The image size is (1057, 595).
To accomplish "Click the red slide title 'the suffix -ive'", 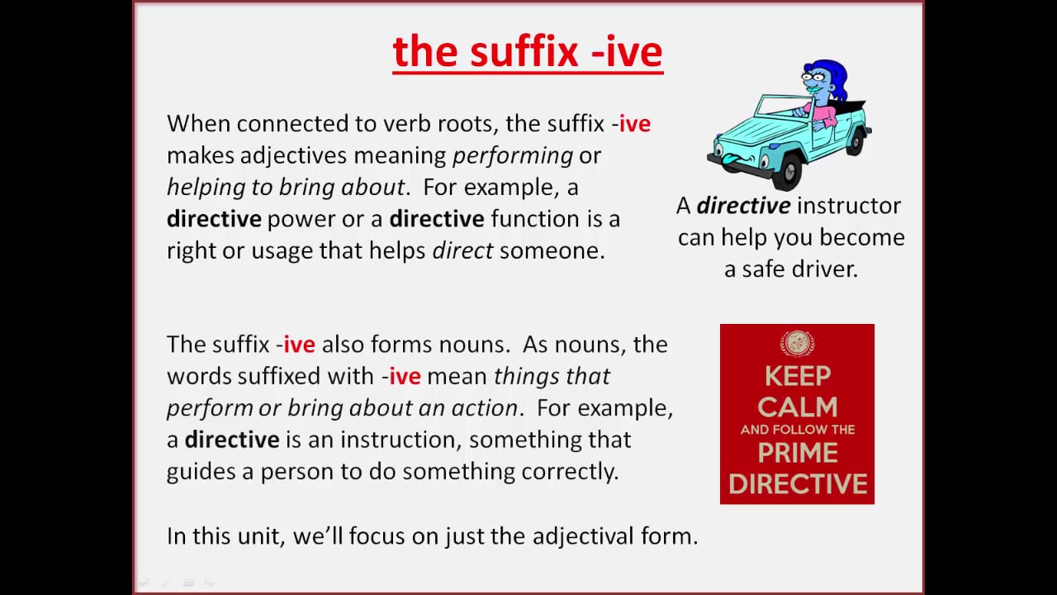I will (528, 52).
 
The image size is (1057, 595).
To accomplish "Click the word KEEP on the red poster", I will (797, 376).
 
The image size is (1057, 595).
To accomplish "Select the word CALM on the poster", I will (797, 407).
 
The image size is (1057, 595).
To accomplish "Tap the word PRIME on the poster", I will (797, 453).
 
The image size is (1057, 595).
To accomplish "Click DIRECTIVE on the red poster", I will (797, 483).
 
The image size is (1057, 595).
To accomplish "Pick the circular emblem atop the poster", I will (797, 344).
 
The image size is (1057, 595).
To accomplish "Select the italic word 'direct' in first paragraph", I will (462, 250).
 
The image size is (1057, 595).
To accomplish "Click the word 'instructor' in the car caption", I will (849, 206).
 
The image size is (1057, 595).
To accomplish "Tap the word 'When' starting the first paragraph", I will (198, 124).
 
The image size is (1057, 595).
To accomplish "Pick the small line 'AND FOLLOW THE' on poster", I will (797, 430).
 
